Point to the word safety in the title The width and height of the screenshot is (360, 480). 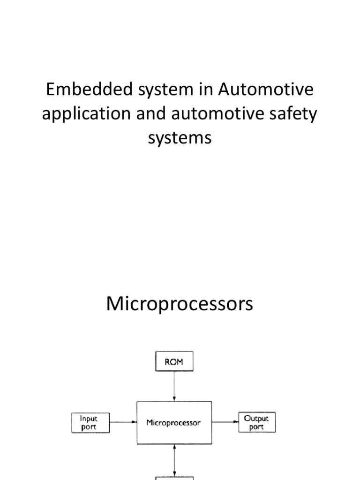tap(293, 114)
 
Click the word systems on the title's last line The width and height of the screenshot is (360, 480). tap(180, 139)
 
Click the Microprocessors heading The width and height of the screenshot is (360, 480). tap(180, 304)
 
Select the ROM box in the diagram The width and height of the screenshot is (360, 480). tap(174, 362)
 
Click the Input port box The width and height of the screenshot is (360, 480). tap(90, 422)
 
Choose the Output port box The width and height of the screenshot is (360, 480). tap(256, 422)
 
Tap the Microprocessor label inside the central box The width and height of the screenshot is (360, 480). tap(173, 423)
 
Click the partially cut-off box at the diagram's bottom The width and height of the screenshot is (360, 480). tap(174, 478)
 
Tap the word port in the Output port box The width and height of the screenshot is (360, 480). tap(256, 427)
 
